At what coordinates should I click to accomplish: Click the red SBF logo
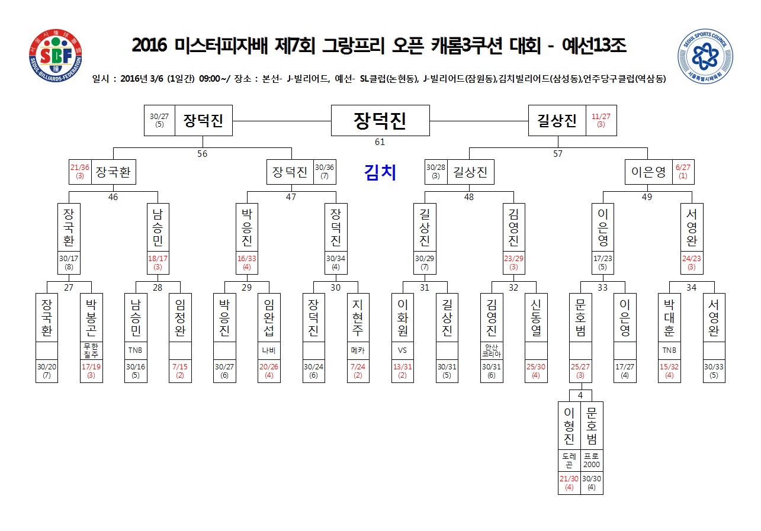[56, 56]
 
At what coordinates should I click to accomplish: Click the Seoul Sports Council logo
[705, 56]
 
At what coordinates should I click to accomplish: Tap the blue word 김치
[380, 172]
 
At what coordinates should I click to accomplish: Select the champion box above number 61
[380, 121]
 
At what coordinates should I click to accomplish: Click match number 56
[202, 154]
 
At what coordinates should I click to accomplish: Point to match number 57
[557, 154]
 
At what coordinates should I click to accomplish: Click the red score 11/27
[601, 117]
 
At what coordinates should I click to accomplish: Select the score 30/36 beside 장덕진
[325, 168]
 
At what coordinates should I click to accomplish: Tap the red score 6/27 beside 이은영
[683, 168]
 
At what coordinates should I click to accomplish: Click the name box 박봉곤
[91, 317]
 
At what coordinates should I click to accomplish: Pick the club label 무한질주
[91, 350]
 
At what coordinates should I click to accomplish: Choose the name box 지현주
[358, 317]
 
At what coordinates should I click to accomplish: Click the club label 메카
[358, 350]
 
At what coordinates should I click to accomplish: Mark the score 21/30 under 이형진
[569, 479]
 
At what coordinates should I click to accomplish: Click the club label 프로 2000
[592, 460]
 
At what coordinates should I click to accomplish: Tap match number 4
[580, 395]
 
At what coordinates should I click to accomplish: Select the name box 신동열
[536, 317]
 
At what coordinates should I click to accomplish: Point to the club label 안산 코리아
[492, 350]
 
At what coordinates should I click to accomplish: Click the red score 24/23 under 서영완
[691, 258]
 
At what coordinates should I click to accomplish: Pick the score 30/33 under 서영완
[714, 366]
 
